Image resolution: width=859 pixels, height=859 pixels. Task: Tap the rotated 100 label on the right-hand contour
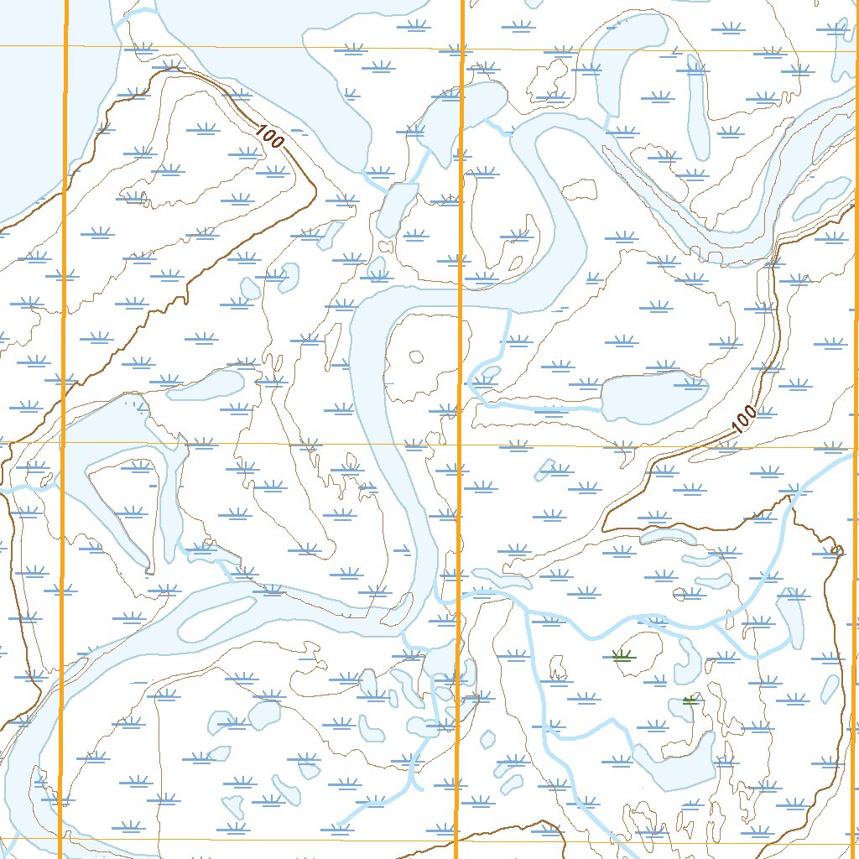(x=744, y=420)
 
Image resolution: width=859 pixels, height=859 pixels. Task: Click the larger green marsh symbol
(x=622, y=656)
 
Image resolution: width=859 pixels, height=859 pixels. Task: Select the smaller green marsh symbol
(x=690, y=700)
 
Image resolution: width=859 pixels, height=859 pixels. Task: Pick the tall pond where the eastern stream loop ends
(x=791, y=617)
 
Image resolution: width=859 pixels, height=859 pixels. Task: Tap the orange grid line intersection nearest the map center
(x=460, y=445)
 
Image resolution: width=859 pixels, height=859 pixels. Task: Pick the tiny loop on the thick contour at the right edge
(x=836, y=550)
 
